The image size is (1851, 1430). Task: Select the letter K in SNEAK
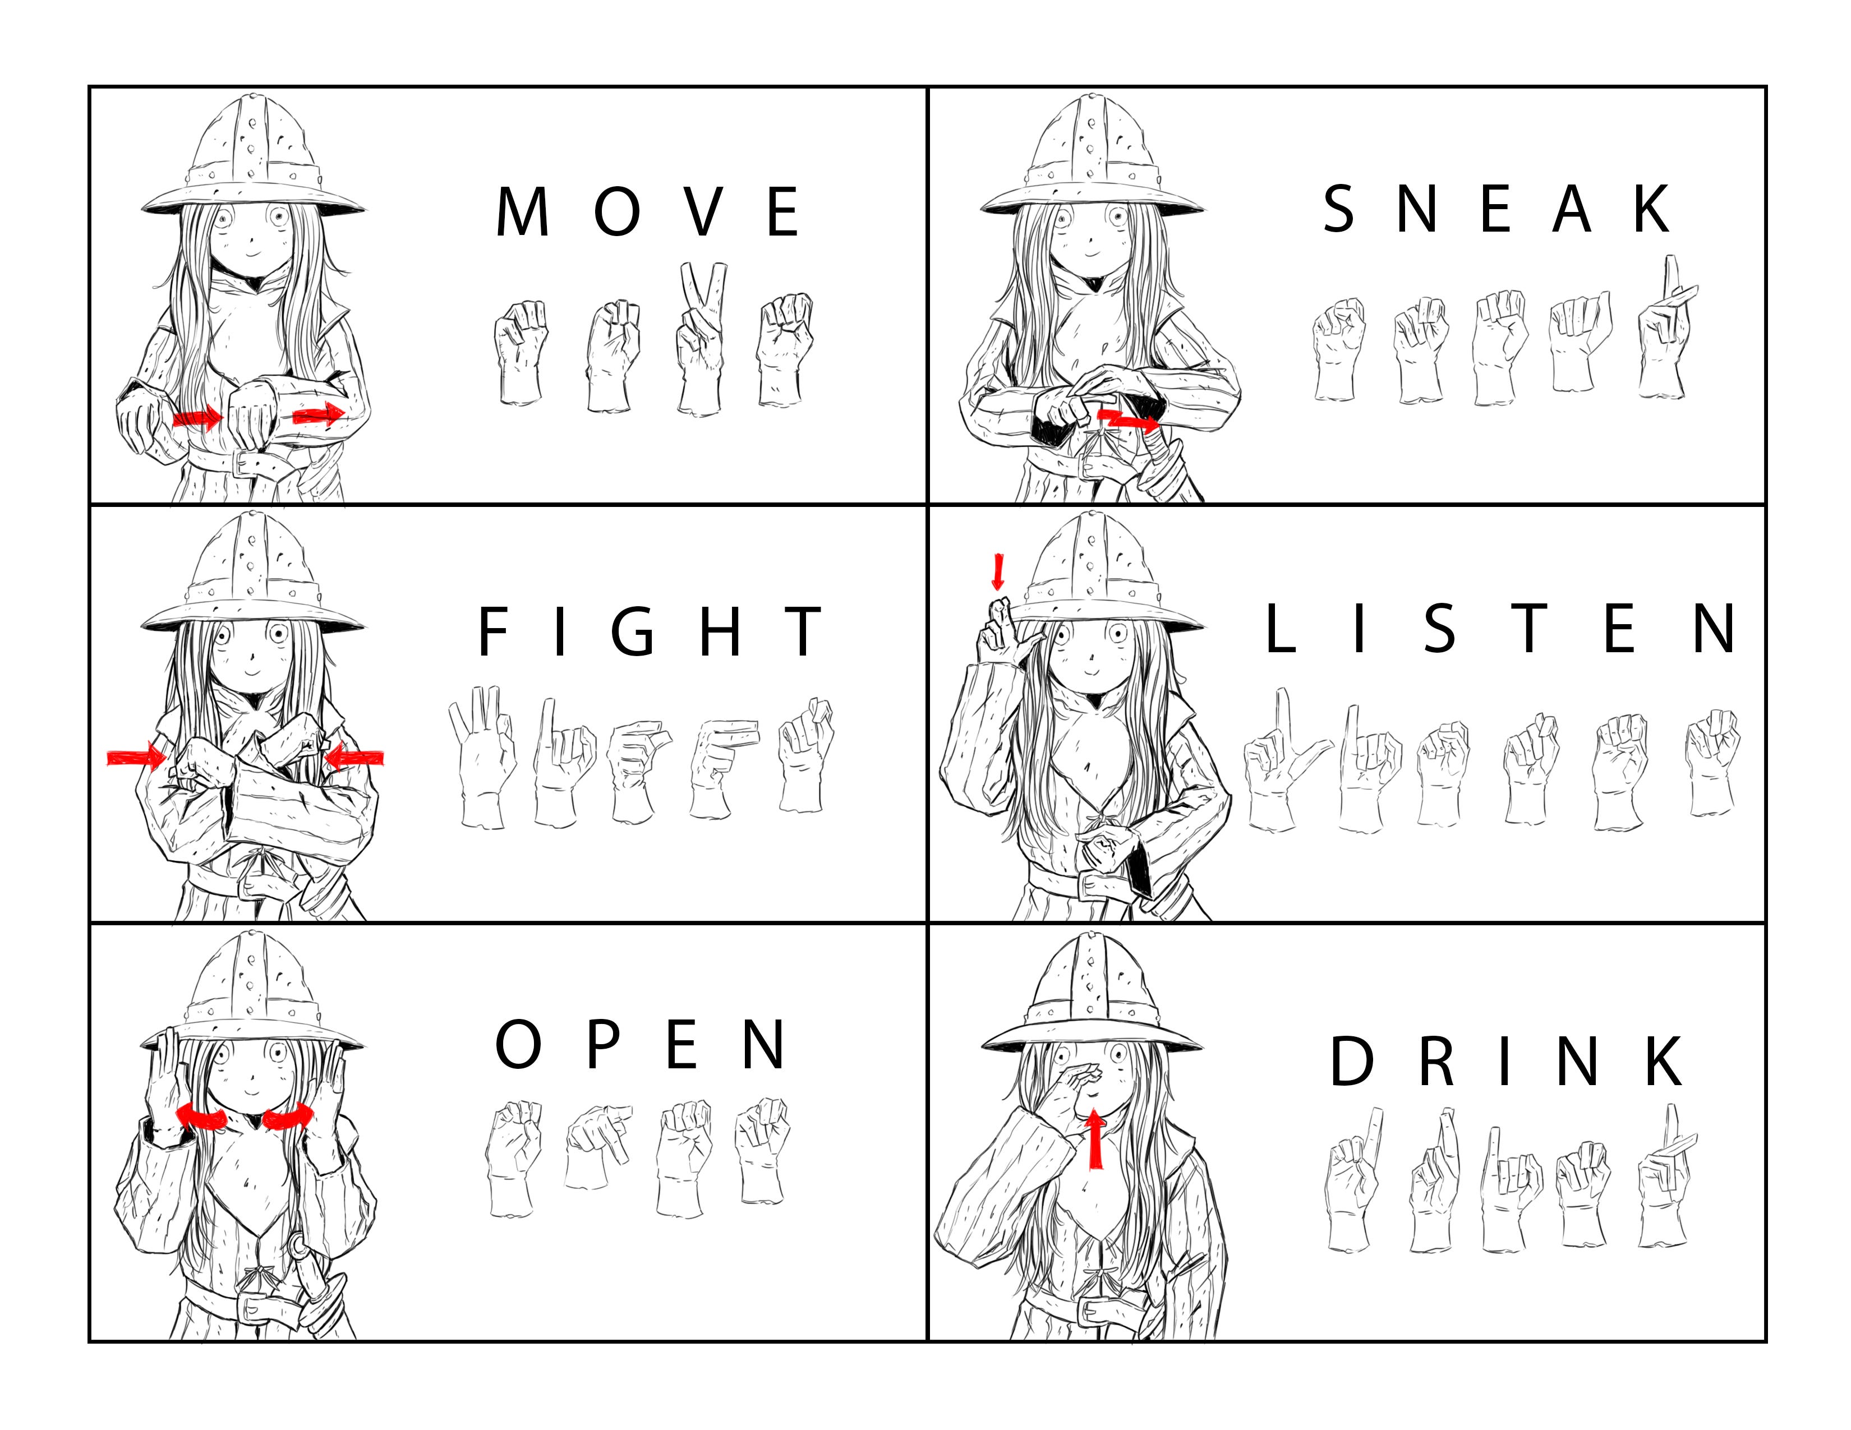click(1652, 209)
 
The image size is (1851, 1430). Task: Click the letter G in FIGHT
click(633, 631)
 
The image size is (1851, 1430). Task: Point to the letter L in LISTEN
click(1281, 629)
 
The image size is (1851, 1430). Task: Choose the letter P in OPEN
click(604, 1045)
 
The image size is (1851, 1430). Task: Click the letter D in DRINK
click(1351, 1060)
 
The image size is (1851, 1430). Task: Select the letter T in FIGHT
click(802, 631)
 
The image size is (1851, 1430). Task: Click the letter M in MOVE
click(522, 212)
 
